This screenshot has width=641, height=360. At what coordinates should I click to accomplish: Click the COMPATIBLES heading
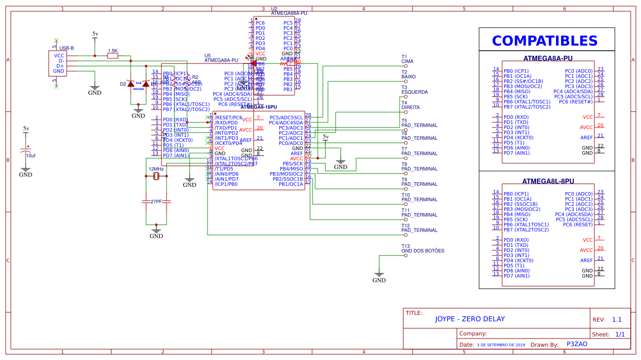pos(545,41)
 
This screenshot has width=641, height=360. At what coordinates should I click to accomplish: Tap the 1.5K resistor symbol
pos(112,56)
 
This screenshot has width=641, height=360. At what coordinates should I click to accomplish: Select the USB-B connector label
pos(67,48)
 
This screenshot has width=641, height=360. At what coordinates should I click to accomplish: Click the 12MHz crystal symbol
pos(156,177)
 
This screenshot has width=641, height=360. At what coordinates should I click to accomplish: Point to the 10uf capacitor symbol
pos(26,151)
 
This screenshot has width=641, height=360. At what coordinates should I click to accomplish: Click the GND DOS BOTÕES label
pos(423,251)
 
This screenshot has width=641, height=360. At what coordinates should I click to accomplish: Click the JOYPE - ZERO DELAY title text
pos(470,319)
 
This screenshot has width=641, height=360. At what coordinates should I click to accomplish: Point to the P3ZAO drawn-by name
pos(576,344)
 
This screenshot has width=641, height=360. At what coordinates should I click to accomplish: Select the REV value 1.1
pos(616,320)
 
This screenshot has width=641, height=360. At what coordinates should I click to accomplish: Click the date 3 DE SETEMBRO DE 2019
pos(501,345)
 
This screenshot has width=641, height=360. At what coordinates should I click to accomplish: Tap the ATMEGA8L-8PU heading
pos(548,181)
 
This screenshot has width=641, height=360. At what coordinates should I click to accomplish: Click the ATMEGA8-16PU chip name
pos(259,107)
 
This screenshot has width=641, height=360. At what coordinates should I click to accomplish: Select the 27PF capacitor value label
pos(156,202)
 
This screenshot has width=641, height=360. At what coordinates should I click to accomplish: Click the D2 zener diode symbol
pos(131,84)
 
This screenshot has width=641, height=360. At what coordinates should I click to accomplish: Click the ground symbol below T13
pos(379,274)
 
